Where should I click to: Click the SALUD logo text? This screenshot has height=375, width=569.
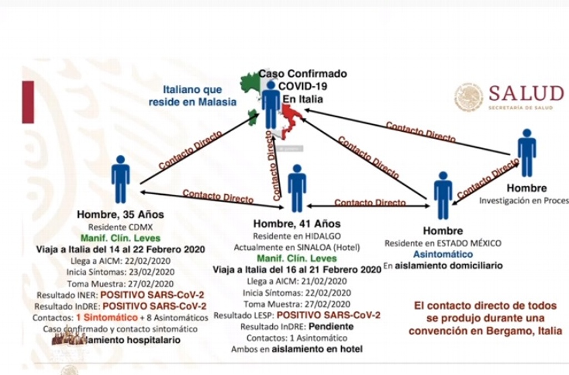point(526,93)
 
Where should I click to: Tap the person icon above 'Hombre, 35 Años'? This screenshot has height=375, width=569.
point(121,179)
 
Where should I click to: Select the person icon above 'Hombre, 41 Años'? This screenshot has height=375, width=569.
point(297,188)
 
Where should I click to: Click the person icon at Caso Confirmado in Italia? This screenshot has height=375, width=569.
point(271,105)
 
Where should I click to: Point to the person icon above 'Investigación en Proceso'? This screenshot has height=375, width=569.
point(526,153)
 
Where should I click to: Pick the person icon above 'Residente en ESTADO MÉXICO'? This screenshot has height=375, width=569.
point(443,194)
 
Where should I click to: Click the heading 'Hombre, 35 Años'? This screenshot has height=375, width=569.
point(121,215)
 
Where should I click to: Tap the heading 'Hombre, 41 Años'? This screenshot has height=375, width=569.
point(297,224)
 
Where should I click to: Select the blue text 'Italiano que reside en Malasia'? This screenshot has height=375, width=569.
point(192,96)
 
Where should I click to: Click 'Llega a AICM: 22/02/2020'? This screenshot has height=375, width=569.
point(121,260)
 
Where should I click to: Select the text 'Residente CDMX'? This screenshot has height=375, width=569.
point(121,227)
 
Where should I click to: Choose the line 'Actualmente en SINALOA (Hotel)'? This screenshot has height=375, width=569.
point(297,247)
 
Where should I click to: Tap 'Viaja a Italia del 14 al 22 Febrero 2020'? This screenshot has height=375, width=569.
point(121,249)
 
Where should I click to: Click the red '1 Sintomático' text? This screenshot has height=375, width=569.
point(107,317)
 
